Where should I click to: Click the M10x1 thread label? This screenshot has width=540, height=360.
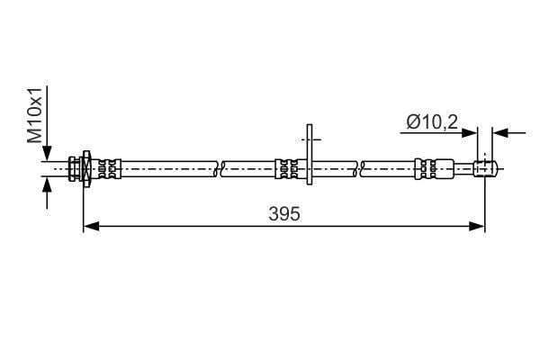[35, 115]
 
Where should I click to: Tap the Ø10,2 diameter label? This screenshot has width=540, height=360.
[432, 122]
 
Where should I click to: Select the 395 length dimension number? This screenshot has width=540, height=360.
[284, 214]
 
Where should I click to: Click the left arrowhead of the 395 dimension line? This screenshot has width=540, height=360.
[91, 226]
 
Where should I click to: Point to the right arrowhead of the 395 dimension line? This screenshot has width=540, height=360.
[477, 226]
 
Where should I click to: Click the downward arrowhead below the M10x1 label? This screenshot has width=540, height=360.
[47, 153]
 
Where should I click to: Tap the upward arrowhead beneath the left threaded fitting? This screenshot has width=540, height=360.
[47, 184]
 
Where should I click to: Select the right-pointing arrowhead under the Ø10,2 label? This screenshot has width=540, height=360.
[470, 132]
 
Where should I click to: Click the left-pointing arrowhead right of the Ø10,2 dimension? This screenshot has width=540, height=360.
[500, 132]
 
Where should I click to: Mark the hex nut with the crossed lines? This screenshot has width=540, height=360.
[86, 168]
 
